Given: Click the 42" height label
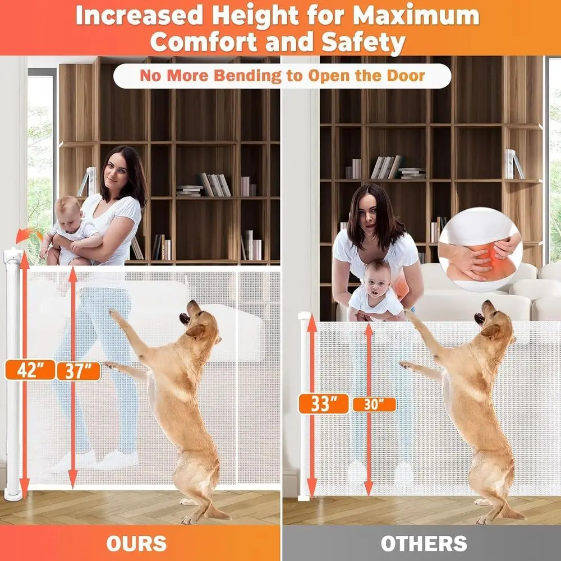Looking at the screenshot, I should pos(30,370).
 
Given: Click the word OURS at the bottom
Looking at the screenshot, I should pos(137,543).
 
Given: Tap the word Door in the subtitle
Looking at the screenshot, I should pos(404,76).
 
